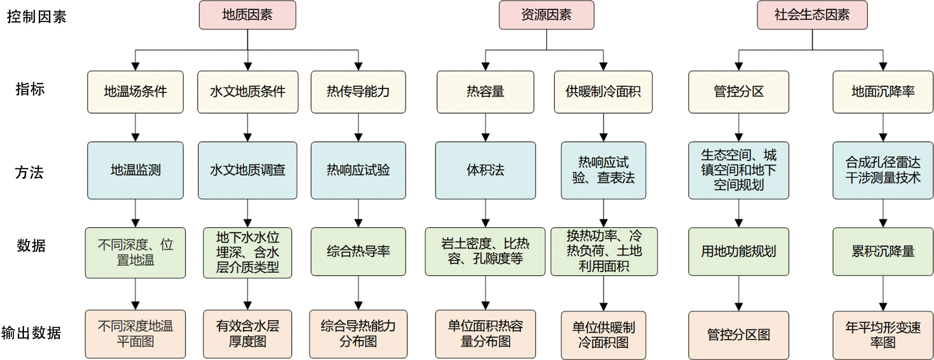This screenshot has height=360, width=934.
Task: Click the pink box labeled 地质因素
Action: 247,15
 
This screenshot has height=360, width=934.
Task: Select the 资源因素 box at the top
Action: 546,15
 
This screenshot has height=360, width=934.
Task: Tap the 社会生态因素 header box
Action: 812,15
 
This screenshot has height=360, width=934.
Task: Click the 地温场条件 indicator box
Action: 135,92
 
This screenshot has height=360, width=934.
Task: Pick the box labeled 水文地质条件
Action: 248,92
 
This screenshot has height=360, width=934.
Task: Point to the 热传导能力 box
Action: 358,92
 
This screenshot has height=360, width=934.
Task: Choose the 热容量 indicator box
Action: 485,92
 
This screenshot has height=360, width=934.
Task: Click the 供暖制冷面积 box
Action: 603,92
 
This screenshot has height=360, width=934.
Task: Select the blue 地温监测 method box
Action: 135,170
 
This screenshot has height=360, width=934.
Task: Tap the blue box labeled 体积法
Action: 485,170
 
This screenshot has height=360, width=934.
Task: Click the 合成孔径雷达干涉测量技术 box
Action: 883,170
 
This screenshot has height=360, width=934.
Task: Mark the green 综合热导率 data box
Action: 358,252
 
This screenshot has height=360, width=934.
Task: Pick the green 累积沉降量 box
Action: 883,252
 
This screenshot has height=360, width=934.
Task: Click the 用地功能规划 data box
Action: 738,252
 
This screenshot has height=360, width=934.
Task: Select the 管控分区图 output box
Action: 738,335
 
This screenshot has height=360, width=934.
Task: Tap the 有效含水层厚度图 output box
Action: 247,334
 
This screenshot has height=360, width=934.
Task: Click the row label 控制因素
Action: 36,17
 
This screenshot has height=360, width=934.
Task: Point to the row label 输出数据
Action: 31,333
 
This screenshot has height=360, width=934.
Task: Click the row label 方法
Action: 29,172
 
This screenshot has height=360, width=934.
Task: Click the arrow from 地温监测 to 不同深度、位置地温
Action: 135,213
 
